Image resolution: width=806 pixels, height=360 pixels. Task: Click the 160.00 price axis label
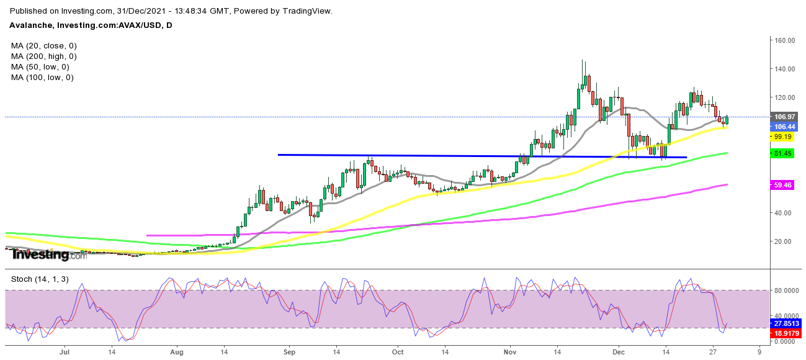tap(783, 40)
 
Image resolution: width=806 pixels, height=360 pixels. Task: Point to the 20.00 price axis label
tap(783, 241)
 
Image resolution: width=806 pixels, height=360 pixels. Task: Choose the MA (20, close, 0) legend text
tap(43, 46)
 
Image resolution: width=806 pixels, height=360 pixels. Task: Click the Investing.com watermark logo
tap(50, 254)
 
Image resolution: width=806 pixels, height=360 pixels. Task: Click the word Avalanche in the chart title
tap(31, 25)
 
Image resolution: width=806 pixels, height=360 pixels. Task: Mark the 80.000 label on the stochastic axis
tap(784, 290)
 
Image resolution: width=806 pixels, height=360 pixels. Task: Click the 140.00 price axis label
tap(783, 69)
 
